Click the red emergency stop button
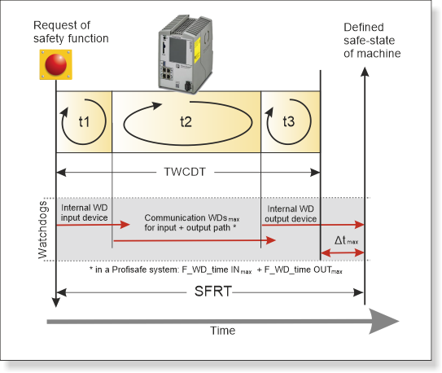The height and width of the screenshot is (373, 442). pyautogui.click(x=56, y=64)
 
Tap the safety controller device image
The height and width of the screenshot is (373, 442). pyautogui.click(x=185, y=55)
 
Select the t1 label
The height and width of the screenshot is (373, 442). pyautogui.click(x=84, y=122)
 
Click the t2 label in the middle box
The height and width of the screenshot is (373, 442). pyautogui.click(x=186, y=122)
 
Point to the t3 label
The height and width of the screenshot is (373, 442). pyautogui.click(x=289, y=121)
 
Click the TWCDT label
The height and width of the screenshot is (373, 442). pyautogui.click(x=185, y=172)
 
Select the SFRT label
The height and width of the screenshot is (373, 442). pyautogui.click(x=213, y=292)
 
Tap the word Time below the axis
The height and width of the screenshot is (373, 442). pyautogui.click(x=223, y=331)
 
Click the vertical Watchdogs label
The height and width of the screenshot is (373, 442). pyautogui.click(x=43, y=230)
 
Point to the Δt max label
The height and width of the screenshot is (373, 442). pyautogui.click(x=346, y=240)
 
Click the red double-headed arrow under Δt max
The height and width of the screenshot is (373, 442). pyautogui.click(x=343, y=253)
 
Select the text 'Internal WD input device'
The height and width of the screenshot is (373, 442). pyautogui.click(x=85, y=213)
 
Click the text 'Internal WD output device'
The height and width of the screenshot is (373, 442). pyautogui.click(x=291, y=213)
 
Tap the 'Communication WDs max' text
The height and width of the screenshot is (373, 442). pyautogui.click(x=192, y=218)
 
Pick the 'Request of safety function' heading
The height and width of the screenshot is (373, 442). pyautogui.click(x=71, y=32)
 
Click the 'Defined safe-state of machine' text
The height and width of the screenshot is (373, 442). pyautogui.click(x=372, y=41)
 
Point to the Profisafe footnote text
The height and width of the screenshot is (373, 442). pyautogui.click(x=216, y=270)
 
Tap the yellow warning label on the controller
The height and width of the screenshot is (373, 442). pyautogui.click(x=197, y=50)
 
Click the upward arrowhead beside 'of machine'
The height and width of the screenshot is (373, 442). pyautogui.click(x=365, y=72)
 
